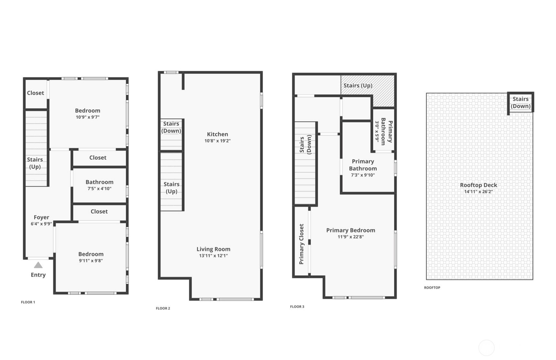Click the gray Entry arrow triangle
[x=38, y=265]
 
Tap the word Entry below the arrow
[x=38, y=275]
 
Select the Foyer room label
[x=41, y=217]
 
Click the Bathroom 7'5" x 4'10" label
[x=99, y=185]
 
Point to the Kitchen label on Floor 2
[x=217, y=134]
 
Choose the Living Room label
[x=213, y=249]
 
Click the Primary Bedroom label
[x=351, y=230]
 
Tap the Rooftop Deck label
[x=479, y=185]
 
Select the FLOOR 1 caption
[x=28, y=302]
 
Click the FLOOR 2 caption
[x=163, y=308]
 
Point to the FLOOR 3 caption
[x=297, y=307]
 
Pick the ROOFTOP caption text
[x=432, y=288]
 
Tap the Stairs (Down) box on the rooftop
[x=520, y=102]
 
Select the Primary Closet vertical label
[x=302, y=244]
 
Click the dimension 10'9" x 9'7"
[x=88, y=117]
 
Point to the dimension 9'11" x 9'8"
[x=91, y=261]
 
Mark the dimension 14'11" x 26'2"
[x=479, y=192]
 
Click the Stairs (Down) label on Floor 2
[x=171, y=127]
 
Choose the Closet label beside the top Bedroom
[x=36, y=93]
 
